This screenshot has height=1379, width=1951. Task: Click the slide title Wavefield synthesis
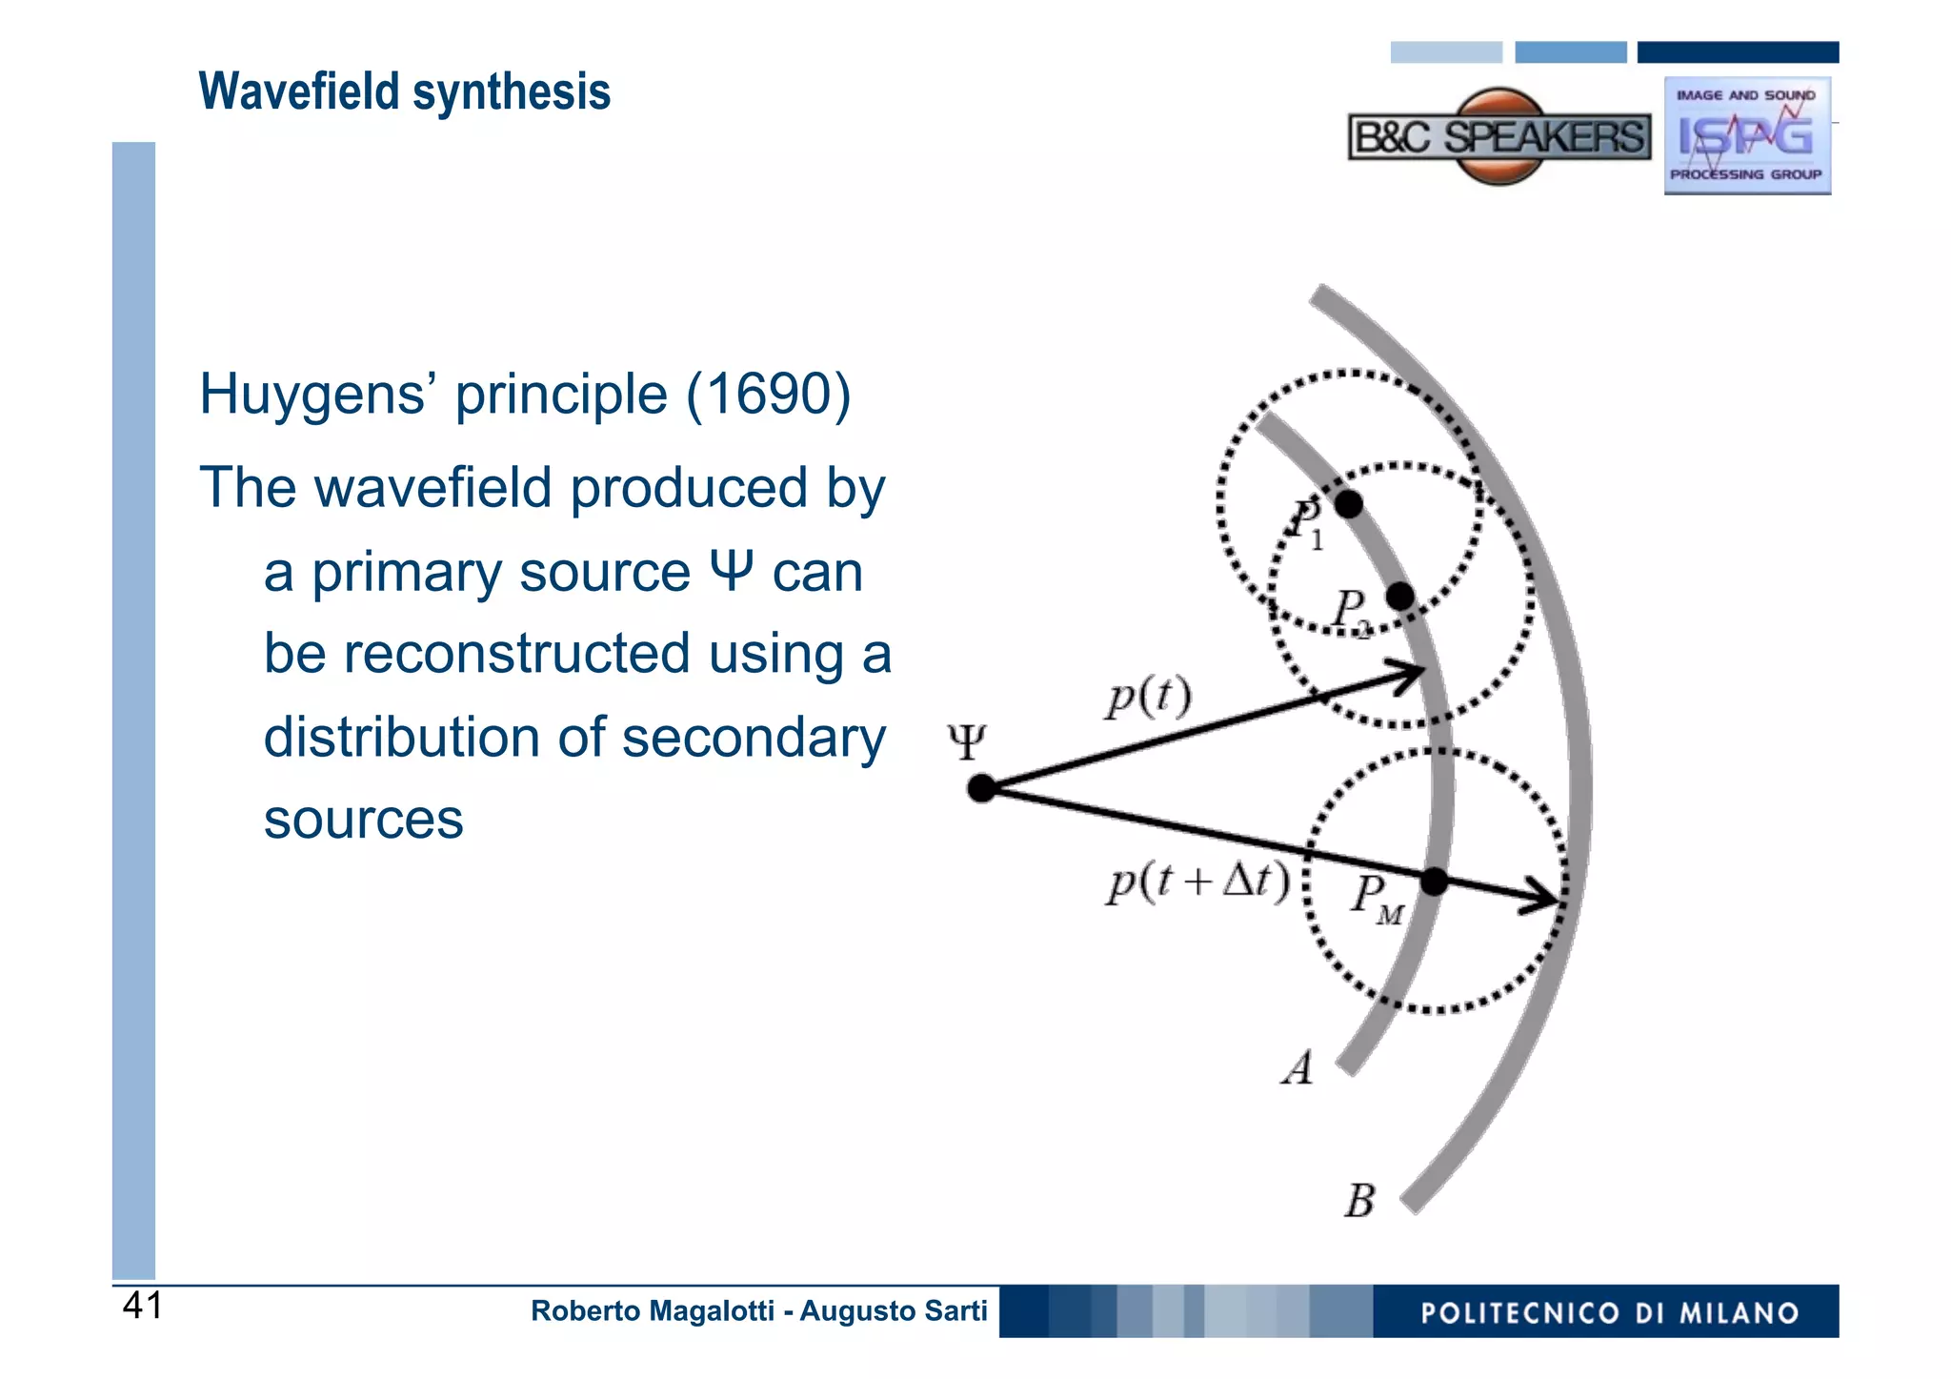tap(404, 92)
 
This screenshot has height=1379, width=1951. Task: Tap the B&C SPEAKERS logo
tap(1498, 137)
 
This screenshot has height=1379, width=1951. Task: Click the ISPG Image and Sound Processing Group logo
tap(1746, 136)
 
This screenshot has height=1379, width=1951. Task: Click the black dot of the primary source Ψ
tap(981, 788)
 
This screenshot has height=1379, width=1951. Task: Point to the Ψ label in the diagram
tap(966, 741)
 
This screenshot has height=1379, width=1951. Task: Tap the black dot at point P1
tap(1348, 503)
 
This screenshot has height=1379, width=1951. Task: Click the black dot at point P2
tap(1399, 597)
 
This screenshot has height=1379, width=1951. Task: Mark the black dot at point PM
tap(1434, 882)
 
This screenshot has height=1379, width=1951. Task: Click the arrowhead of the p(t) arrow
tap(1414, 673)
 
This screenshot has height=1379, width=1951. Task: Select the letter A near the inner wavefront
tap(1297, 1068)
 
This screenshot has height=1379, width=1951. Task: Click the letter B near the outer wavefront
tap(1359, 1201)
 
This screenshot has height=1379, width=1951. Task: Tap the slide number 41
tap(143, 1306)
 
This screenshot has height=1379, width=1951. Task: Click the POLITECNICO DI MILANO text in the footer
tap(1609, 1312)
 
